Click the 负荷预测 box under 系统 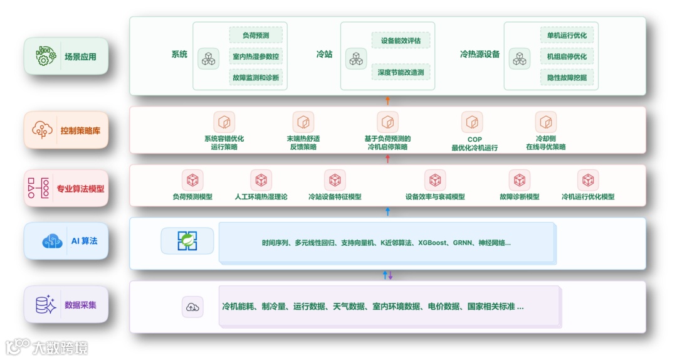(x=255, y=35)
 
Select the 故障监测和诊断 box (x=255, y=78)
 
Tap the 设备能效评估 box (x=401, y=41)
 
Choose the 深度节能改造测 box (x=401, y=72)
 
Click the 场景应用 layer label (x=66, y=56)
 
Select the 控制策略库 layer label (x=66, y=131)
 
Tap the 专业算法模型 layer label (x=66, y=188)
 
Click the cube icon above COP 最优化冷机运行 (x=472, y=122)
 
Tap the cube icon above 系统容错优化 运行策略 (x=224, y=122)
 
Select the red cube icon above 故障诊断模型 (x=519, y=181)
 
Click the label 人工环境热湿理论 (x=261, y=197)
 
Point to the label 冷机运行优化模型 (x=587, y=197)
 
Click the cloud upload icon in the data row (x=192, y=307)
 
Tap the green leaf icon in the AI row (x=187, y=241)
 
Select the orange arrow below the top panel (x=387, y=100)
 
